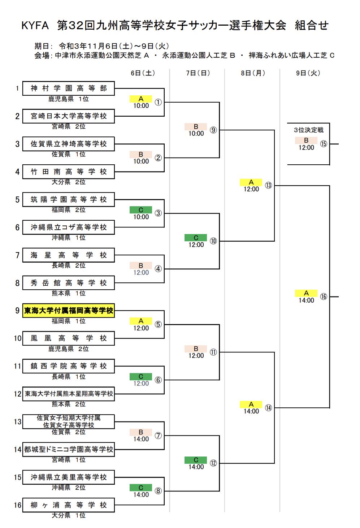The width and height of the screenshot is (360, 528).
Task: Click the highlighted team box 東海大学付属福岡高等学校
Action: [69, 311]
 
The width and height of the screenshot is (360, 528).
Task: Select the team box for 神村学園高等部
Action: [69, 88]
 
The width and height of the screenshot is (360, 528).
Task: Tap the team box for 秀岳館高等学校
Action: [69, 283]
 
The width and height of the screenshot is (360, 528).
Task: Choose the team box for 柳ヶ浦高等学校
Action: [69, 505]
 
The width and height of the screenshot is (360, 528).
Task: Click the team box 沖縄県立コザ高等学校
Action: [69, 227]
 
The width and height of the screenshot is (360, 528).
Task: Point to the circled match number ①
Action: [158, 102]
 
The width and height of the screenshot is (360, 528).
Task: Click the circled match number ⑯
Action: [324, 297]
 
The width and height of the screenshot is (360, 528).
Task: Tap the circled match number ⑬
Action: [268, 185]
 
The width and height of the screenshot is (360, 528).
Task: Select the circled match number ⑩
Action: [213, 241]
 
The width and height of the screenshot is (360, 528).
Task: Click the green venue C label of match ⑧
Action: [141, 488]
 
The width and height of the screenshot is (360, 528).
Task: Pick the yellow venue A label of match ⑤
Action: [141, 321]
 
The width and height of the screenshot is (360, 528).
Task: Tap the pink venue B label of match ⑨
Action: [196, 126]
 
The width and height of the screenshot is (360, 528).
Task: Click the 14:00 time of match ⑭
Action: [251, 411]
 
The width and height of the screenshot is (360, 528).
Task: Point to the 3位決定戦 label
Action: [308, 130]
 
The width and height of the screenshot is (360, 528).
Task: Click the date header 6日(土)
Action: [143, 73]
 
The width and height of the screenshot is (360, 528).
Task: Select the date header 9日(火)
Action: [308, 73]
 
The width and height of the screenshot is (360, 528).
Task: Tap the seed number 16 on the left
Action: [18, 505]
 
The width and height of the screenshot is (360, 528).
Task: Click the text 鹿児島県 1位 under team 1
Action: [69, 99]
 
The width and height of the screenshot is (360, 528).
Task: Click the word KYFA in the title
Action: [35, 25]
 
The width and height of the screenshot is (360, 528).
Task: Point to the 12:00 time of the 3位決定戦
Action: [306, 148]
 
